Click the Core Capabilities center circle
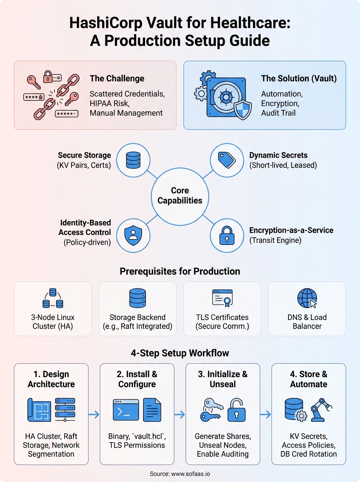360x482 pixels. [x=180, y=195]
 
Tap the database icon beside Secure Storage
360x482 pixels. [x=132, y=159]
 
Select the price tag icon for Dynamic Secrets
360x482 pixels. [x=227, y=159]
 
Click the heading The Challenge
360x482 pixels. [x=117, y=78]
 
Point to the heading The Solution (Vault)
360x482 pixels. [x=299, y=78]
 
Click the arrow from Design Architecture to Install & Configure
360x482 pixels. [x=94, y=415]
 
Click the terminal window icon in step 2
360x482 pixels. [x=126, y=410]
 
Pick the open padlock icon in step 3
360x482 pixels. [x=236, y=411]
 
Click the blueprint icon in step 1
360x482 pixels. [x=39, y=411]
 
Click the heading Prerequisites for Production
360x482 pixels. [x=180, y=272]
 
